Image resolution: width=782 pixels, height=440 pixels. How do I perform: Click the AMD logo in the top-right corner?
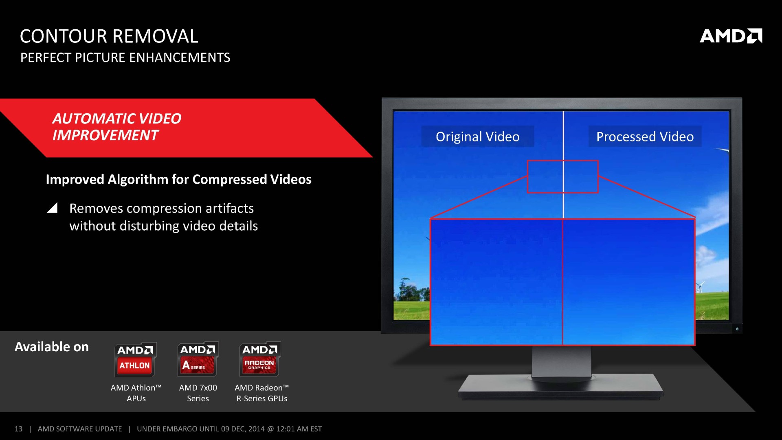tap(731, 36)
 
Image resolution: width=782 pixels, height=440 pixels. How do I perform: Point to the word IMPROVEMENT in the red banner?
tap(105, 135)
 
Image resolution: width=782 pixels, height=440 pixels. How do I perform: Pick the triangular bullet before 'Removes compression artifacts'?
tap(52, 208)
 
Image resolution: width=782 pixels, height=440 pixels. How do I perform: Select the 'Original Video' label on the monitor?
tap(478, 136)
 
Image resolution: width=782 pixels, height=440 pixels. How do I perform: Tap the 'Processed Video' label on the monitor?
tap(645, 136)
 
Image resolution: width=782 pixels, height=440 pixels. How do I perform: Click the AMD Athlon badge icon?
tap(135, 359)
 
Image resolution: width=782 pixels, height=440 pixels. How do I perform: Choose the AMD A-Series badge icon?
tap(198, 359)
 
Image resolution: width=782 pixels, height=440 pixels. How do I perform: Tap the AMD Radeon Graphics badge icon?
tap(260, 359)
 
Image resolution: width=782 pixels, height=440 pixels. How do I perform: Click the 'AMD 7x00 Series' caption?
tap(198, 393)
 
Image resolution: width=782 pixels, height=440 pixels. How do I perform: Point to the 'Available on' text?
tap(52, 347)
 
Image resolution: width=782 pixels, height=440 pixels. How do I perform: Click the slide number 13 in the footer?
tap(18, 429)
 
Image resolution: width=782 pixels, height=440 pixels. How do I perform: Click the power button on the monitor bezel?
tap(737, 329)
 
